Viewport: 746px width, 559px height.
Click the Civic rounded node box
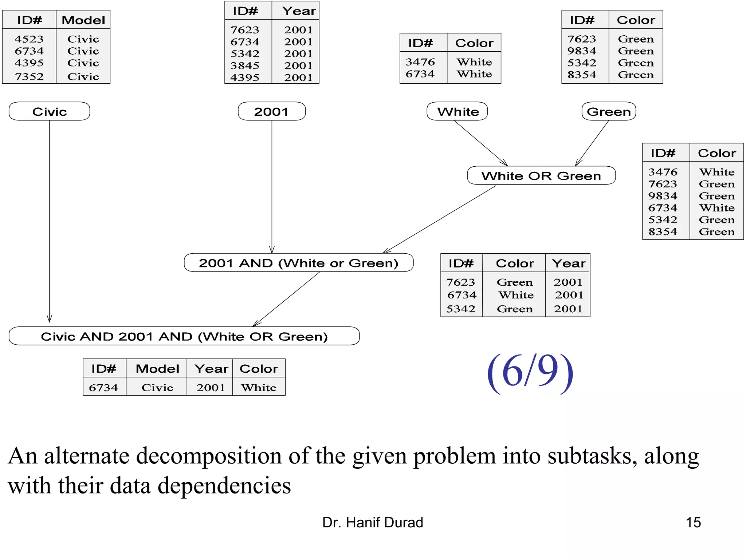(49, 111)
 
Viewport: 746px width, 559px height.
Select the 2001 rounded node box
(271, 111)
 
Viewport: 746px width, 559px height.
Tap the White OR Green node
(541, 176)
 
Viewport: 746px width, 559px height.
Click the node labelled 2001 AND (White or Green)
(298, 263)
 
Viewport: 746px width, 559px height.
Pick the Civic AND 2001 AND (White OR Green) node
(184, 336)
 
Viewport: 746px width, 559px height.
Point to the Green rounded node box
(609, 111)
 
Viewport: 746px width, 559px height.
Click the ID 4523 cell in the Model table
(29, 39)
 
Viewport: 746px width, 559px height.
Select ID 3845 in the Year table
(245, 66)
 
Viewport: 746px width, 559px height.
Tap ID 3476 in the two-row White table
(420, 62)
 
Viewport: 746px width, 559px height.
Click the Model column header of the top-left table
(83, 20)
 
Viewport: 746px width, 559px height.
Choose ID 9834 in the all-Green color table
(582, 51)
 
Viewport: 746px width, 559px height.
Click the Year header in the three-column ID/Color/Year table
(568, 263)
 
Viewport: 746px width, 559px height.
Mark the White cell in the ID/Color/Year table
(516, 295)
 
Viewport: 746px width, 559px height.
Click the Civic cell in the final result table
(157, 387)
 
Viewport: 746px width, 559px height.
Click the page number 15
(693, 522)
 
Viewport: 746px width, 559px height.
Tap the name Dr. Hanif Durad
(372, 522)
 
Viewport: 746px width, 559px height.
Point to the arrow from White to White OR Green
(481, 143)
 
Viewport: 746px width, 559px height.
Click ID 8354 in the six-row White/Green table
(663, 232)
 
